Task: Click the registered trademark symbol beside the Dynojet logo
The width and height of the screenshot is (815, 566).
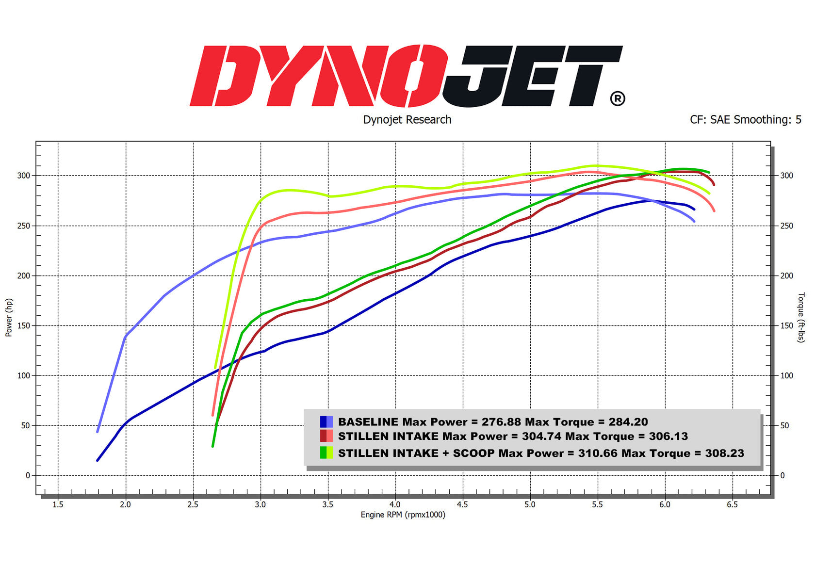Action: (618, 98)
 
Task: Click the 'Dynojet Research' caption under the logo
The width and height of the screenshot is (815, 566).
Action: (407, 120)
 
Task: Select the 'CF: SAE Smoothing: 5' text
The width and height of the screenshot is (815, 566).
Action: (746, 119)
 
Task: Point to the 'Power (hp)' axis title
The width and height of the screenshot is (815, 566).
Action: (9, 318)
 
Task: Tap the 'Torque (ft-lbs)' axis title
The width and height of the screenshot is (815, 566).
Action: (801, 317)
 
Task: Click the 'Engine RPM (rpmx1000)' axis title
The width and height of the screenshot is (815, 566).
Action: (403, 515)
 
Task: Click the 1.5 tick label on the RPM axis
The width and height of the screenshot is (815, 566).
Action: (58, 504)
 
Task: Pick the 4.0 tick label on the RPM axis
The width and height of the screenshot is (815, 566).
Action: (395, 504)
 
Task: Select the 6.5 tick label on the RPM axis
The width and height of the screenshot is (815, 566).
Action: (733, 504)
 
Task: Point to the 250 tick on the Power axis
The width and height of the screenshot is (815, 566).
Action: (24, 226)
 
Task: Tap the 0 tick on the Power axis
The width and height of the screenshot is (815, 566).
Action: (28, 475)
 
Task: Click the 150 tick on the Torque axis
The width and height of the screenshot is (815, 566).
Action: (787, 325)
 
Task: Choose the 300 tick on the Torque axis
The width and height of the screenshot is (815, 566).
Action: (787, 176)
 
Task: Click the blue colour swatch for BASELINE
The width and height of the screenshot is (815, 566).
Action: (326, 421)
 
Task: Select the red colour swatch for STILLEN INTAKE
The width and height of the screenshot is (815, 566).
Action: (326, 436)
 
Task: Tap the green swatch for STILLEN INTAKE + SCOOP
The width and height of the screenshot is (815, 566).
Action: (326, 453)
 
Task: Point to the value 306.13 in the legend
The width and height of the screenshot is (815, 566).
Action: (668, 436)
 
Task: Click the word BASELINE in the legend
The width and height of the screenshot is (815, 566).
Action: (368, 421)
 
